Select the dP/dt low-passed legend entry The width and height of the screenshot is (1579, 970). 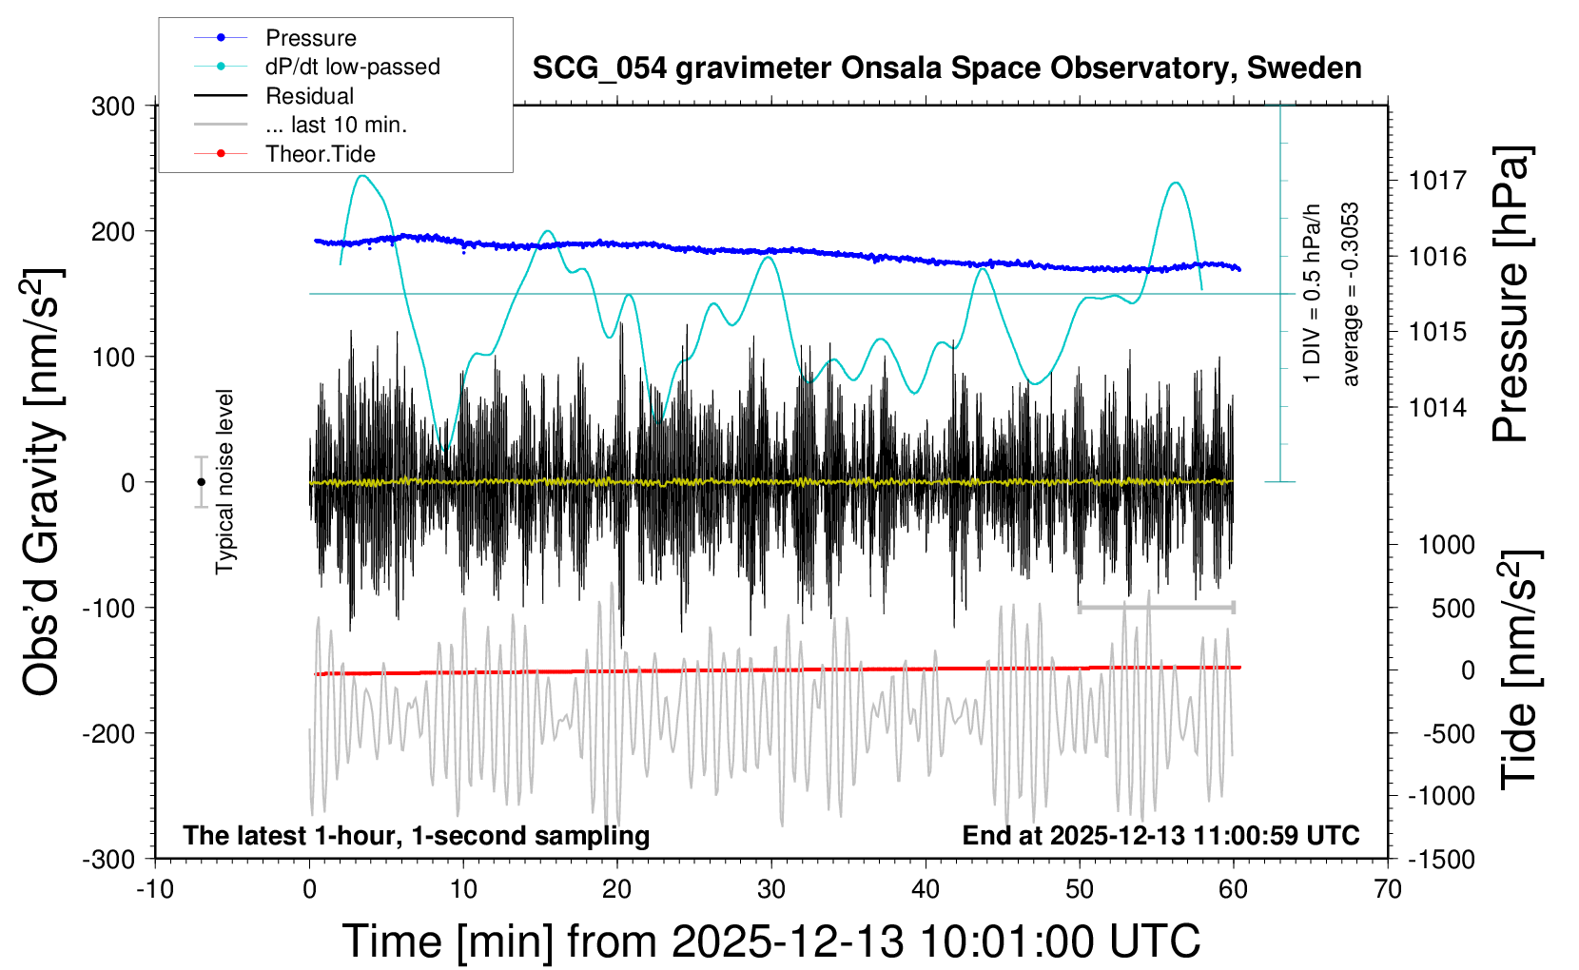[x=352, y=67]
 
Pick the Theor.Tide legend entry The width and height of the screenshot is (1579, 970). [x=320, y=154]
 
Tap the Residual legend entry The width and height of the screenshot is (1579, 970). [x=309, y=96]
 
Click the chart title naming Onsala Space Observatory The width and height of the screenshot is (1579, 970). [x=946, y=68]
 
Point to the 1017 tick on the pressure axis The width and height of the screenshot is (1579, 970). [x=1437, y=180]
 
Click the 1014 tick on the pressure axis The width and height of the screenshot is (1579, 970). [x=1437, y=408]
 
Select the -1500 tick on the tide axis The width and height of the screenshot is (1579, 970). [x=1440, y=859]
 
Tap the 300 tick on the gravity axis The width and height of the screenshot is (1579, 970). [x=113, y=106]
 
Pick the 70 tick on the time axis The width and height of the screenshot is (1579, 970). [x=1388, y=889]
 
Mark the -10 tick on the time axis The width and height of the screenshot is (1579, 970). [x=155, y=889]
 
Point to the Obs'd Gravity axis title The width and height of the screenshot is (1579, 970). [x=42, y=482]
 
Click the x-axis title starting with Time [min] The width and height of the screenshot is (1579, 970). [x=770, y=941]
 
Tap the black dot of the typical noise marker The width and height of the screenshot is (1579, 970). [x=201, y=482]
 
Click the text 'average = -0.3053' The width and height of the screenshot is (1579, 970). [x=1350, y=295]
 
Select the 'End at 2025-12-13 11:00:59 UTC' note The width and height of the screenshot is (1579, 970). [x=1160, y=835]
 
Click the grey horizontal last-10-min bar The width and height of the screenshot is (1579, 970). [x=1156, y=607]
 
